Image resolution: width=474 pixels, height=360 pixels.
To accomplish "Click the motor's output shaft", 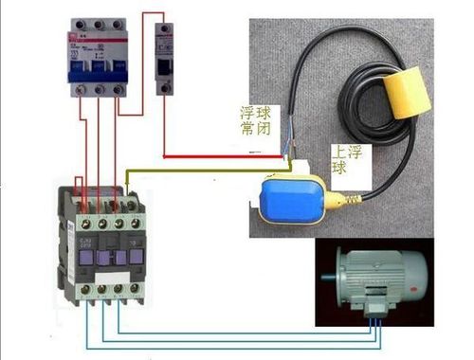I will [328, 279].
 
